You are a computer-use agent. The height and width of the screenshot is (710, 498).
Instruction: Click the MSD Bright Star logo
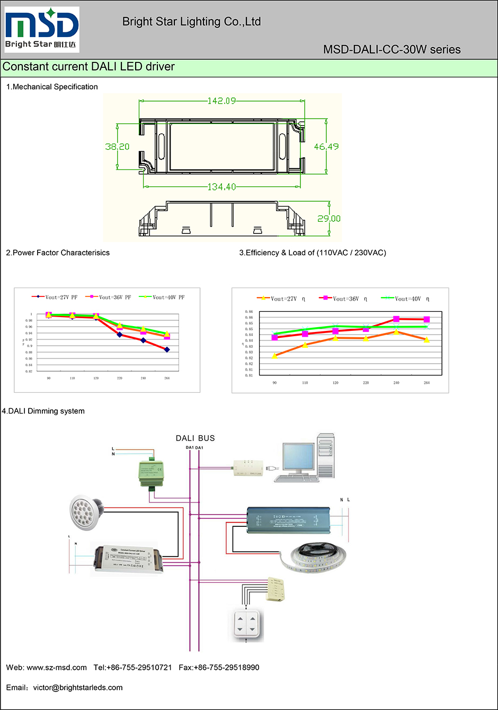42,29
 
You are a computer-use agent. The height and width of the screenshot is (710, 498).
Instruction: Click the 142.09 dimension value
221,101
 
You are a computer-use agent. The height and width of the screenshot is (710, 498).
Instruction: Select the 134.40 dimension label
221,187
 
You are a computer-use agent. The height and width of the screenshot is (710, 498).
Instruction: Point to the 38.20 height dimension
117,147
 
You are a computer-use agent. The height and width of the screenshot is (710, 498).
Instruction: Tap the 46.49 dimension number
326,147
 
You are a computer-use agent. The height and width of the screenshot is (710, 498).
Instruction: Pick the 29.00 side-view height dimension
328,219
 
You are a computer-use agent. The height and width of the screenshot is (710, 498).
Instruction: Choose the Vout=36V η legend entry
343,299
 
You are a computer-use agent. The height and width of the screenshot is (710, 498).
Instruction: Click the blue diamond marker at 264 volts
167,349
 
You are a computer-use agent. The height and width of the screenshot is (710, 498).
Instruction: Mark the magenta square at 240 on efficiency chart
396,319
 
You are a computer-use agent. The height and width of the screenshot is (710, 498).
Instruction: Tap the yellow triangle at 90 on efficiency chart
274,356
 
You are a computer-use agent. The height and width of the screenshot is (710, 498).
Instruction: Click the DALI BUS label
195,438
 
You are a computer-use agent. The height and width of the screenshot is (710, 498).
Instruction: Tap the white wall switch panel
246,624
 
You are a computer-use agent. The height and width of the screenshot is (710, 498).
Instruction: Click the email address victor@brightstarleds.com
78,688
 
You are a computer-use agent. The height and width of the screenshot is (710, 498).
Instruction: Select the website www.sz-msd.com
57,668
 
